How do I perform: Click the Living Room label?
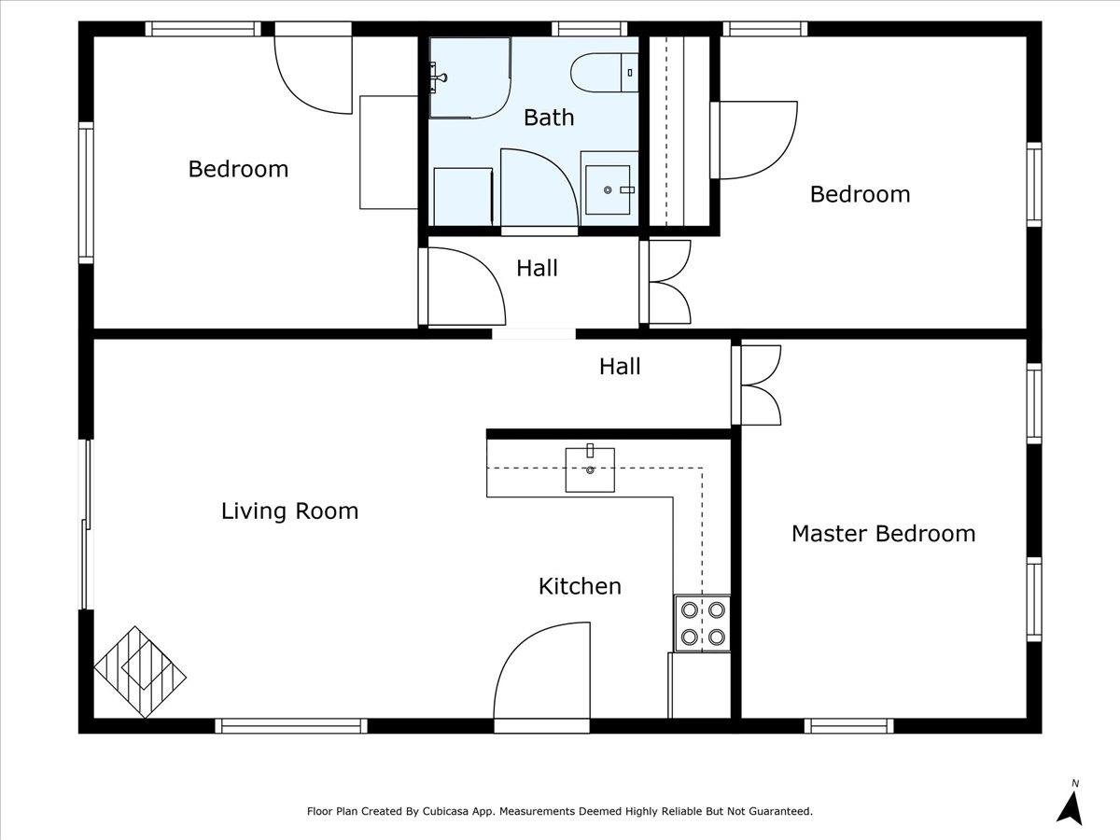tap(290, 511)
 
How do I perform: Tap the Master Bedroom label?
tap(883, 534)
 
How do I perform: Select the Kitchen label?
tap(580, 586)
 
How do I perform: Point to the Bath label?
tap(549, 118)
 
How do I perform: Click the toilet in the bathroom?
tap(604, 73)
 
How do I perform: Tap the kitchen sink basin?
tap(590, 469)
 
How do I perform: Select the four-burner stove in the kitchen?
tap(703, 623)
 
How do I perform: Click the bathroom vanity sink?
tap(608, 189)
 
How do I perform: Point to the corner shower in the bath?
tap(469, 77)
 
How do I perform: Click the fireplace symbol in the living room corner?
tap(140, 672)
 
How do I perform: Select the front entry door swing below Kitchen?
tap(542, 671)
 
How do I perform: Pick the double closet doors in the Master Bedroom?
tap(757, 385)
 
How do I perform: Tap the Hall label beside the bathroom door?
tap(537, 268)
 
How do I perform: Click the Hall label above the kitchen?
tap(620, 367)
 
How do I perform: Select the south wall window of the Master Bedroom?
tap(849, 726)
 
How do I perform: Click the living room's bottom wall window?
tap(291, 726)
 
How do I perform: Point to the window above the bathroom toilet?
tap(589, 29)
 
